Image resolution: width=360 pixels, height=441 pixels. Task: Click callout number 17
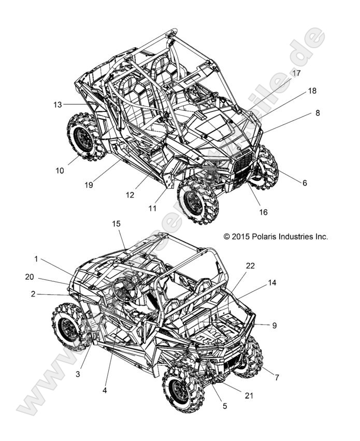pos(296,74)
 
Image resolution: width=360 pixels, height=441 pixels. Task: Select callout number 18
pos(312,91)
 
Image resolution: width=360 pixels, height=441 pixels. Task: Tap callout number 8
pos(318,112)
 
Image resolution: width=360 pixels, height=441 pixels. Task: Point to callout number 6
pos(305,182)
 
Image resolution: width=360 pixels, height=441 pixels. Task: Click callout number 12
pos(129,195)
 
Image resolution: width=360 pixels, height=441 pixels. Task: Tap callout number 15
pos(116,223)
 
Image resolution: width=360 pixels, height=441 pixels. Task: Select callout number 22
pos(250,266)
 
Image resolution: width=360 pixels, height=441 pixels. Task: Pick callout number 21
pos(250,395)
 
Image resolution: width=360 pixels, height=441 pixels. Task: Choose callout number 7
pos(277,378)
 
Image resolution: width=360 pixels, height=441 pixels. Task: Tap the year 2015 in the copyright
pos(241,236)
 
